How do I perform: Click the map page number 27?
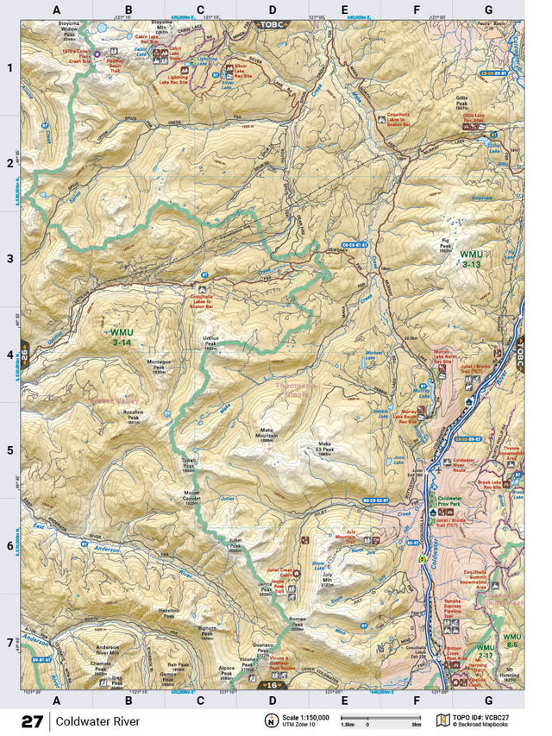(x=33, y=720)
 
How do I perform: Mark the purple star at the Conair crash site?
(x=97, y=54)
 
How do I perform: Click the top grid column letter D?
(x=273, y=10)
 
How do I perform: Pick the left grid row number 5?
(x=9, y=450)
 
